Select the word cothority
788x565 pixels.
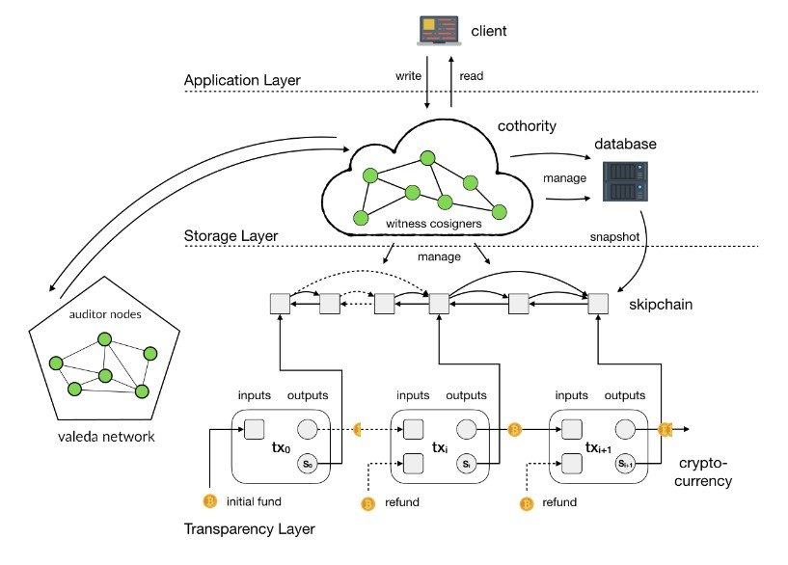(x=529, y=127)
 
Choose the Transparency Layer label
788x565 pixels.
(x=250, y=528)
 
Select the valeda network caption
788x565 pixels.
(x=105, y=436)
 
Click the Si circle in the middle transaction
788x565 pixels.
(x=467, y=464)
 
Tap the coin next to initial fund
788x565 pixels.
(x=207, y=500)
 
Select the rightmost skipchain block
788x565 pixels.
(x=598, y=305)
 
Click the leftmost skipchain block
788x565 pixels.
(x=280, y=305)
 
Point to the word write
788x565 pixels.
(x=408, y=73)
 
